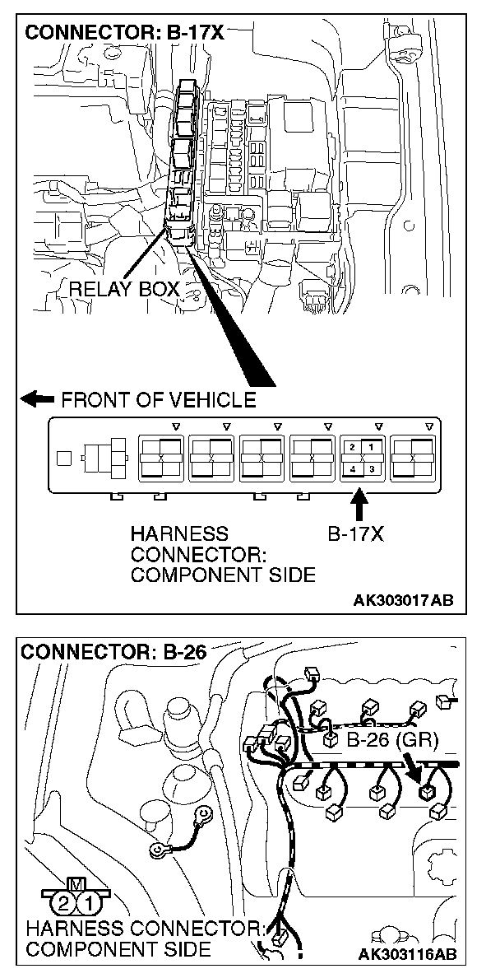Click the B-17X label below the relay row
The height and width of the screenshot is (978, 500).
(355, 533)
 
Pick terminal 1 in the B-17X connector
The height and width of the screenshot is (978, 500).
(371, 447)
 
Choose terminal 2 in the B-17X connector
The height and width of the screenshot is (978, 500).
(352, 447)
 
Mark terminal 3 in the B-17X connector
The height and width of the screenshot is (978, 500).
(371, 469)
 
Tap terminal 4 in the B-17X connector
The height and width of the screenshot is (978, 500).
(352, 469)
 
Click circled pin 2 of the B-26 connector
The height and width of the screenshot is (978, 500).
(63, 904)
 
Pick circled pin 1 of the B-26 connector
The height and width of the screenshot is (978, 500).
(89, 904)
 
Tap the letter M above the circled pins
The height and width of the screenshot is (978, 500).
(76, 884)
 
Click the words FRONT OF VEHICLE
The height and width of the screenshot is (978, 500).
(159, 400)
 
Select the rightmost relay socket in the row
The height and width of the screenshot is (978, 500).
(415, 458)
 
